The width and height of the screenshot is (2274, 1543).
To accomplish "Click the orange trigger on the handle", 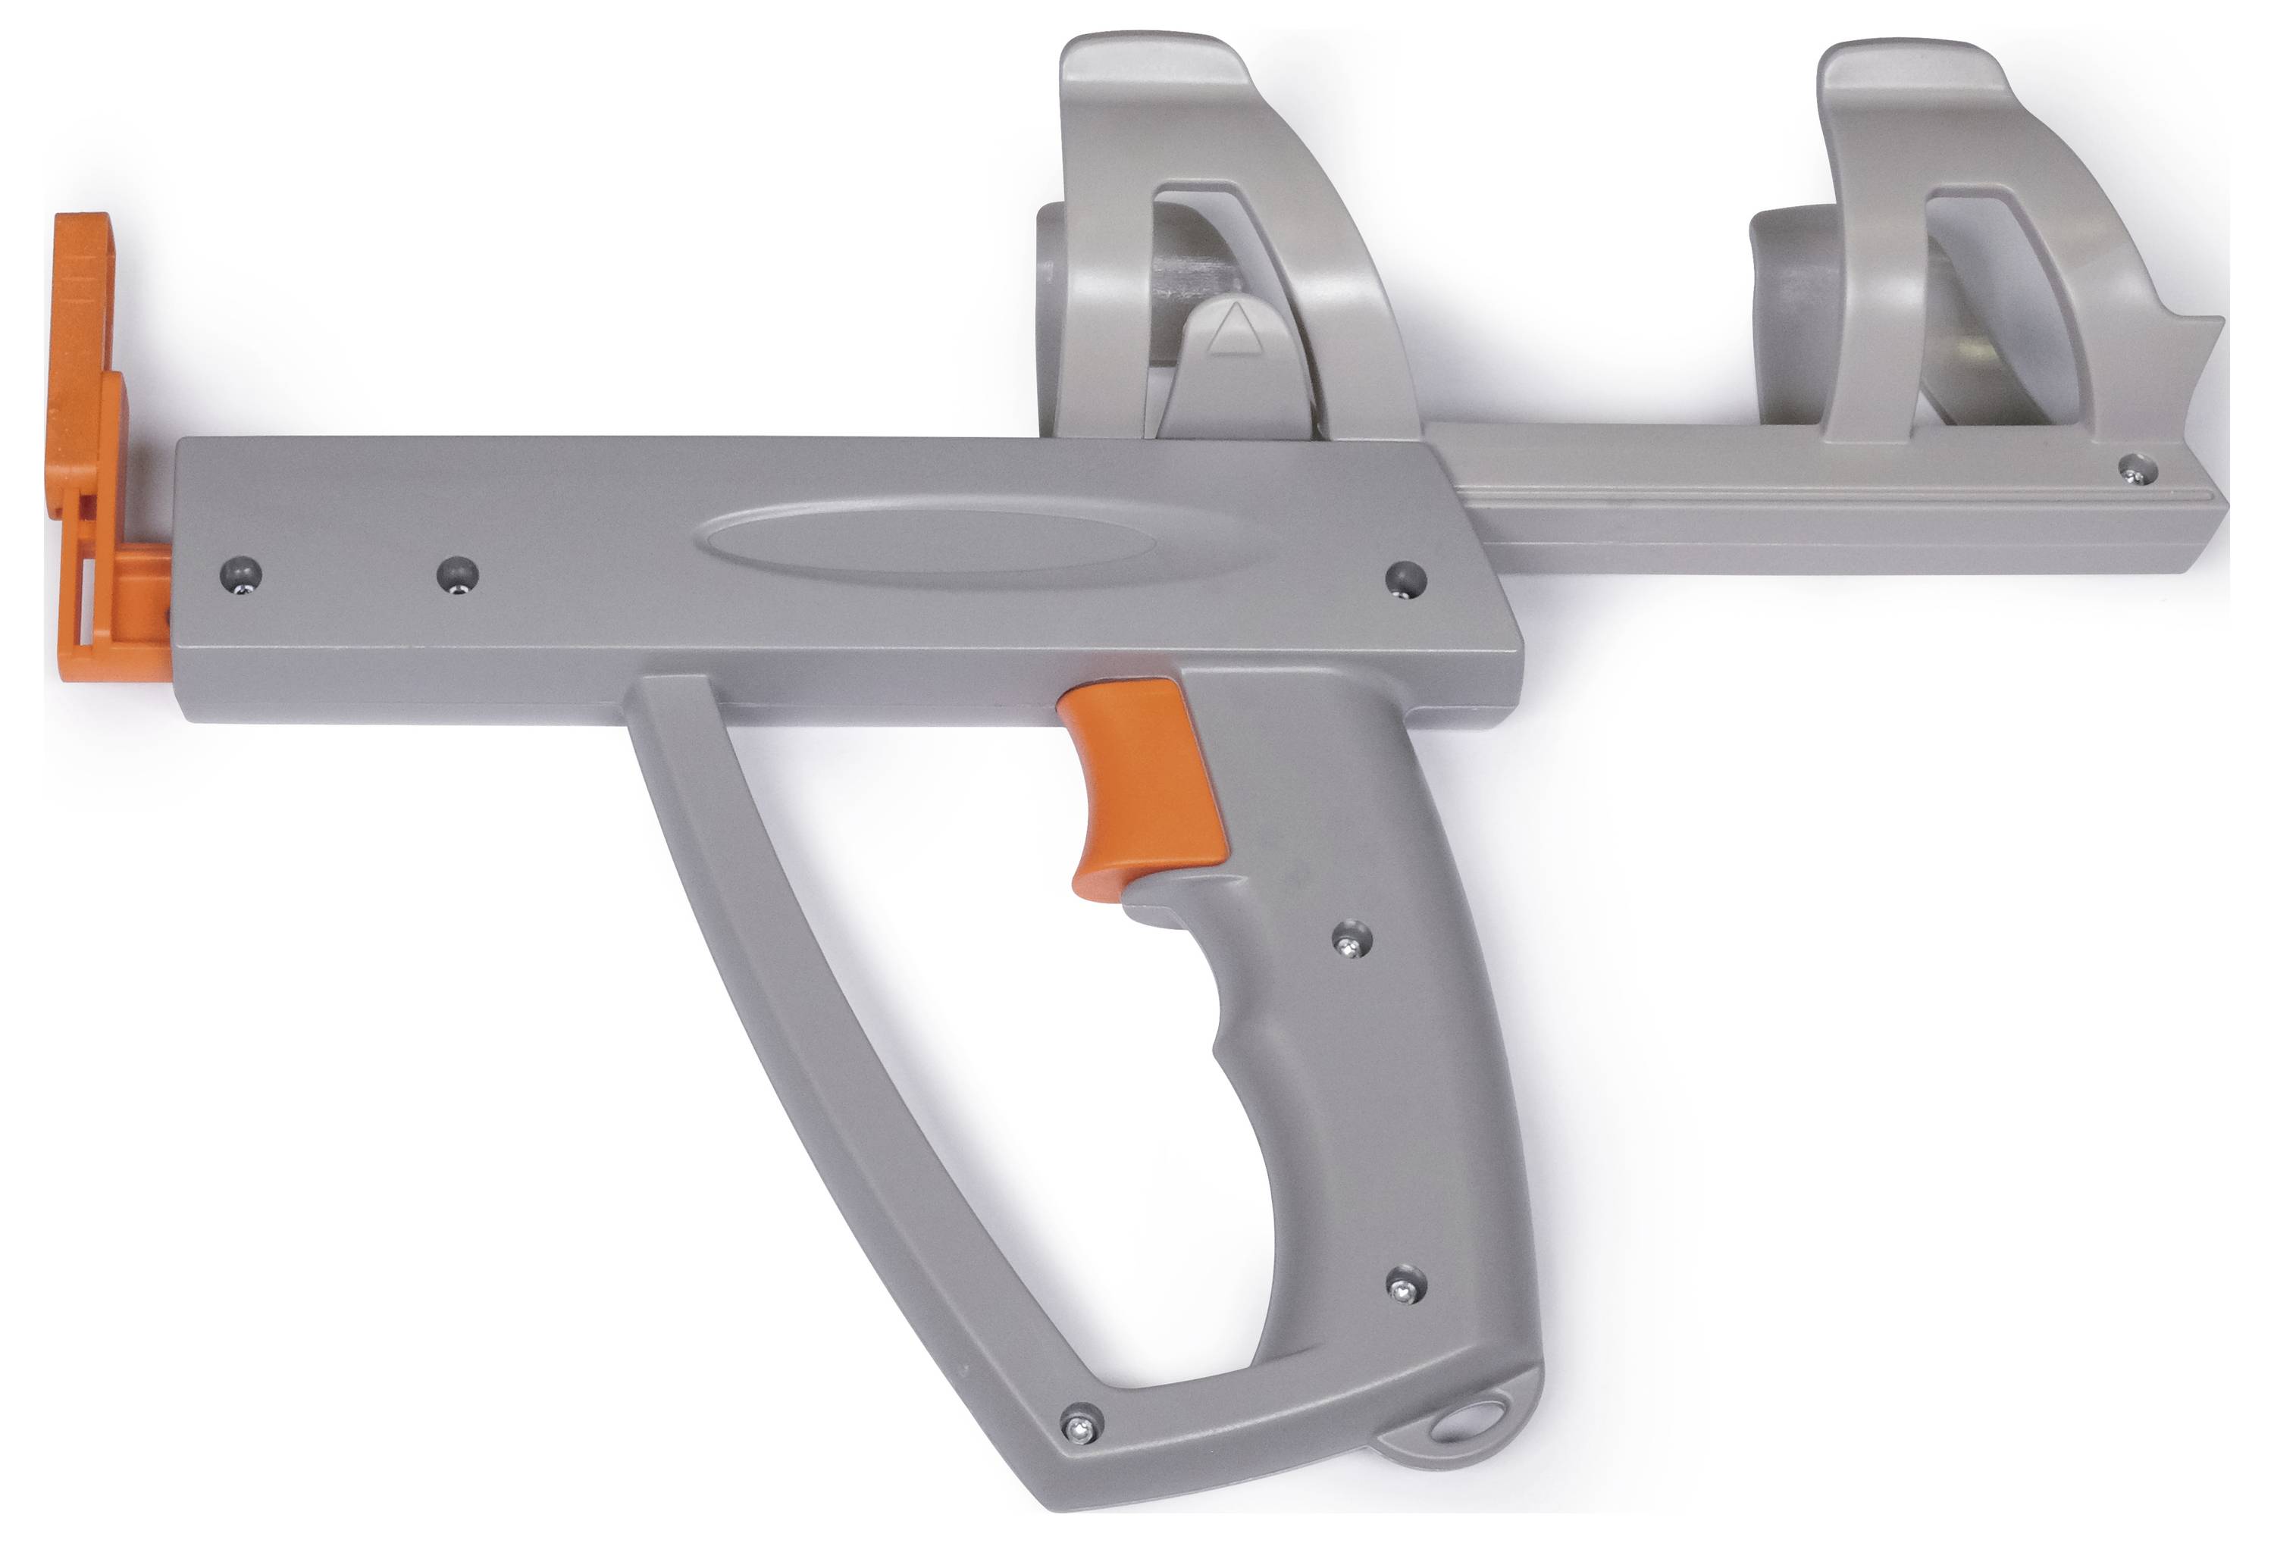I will (1145, 783).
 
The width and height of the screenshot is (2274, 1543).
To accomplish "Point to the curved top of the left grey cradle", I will (1154, 68).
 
